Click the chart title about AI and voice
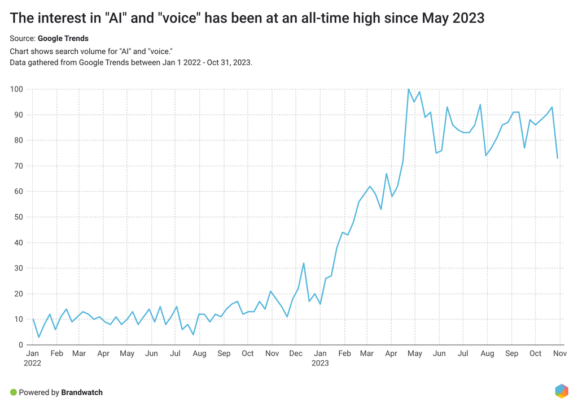pyautogui.click(x=247, y=18)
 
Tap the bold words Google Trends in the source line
pyautogui.click(x=63, y=38)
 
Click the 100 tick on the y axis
pyautogui.click(x=16, y=89)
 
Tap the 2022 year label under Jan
pyautogui.click(x=33, y=363)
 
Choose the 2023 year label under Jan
pyautogui.click(x=320, y=363)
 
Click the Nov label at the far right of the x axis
pyautogui.click(x=560, y=353)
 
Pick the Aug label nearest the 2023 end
pyautogui.click(x=487, y=353)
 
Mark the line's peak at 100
pyautogui.click(x=409, y=89)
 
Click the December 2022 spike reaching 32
pyautogui.click(x=304, y=263)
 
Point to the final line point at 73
pyautogui.click(x=558, y=158)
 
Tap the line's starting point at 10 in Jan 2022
pyautogui.click(x=33, y=320)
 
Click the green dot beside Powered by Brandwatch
pyautogui.click(x=13, y=392)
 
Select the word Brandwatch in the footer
pyautogui.click(x=82, y=392)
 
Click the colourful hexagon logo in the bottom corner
pyautogui.click(x=562, y=391)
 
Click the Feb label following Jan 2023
pyautogui.click(x=344, y=353)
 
